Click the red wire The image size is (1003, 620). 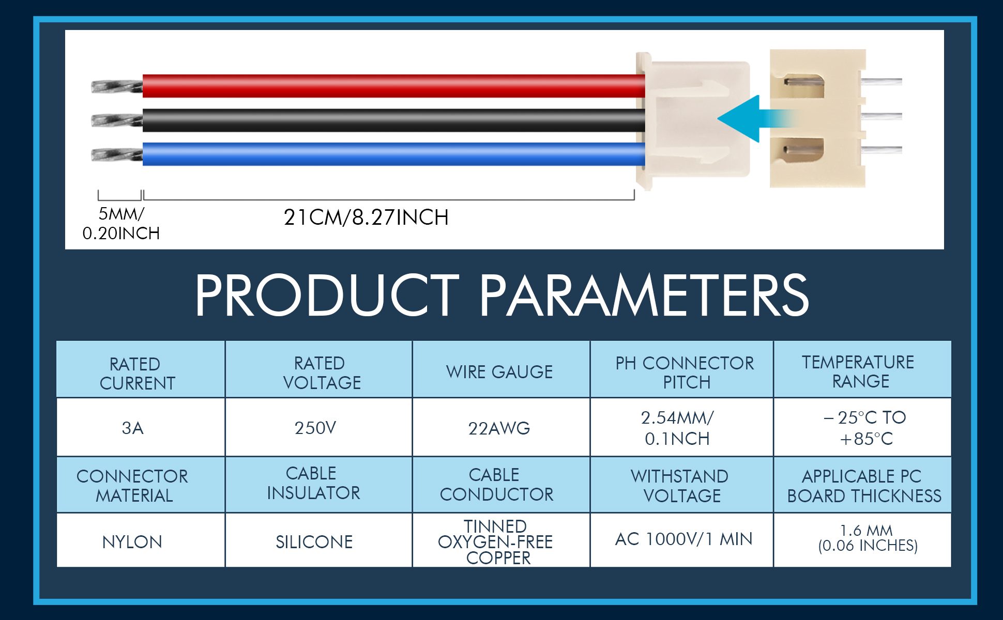coord(393,86)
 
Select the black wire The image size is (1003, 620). coord(393,120)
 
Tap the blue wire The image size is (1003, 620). coord(393,154)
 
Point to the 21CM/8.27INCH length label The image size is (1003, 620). coord(366,218)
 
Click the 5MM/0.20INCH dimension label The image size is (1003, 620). coord(121,224)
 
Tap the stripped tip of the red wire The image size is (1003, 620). coord(117,86)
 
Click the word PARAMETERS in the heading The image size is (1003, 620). coord(644,295)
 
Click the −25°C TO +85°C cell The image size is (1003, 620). coord(862,427)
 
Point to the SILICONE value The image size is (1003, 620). coord(314,542)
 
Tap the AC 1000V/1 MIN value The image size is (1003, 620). coord(683,539)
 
